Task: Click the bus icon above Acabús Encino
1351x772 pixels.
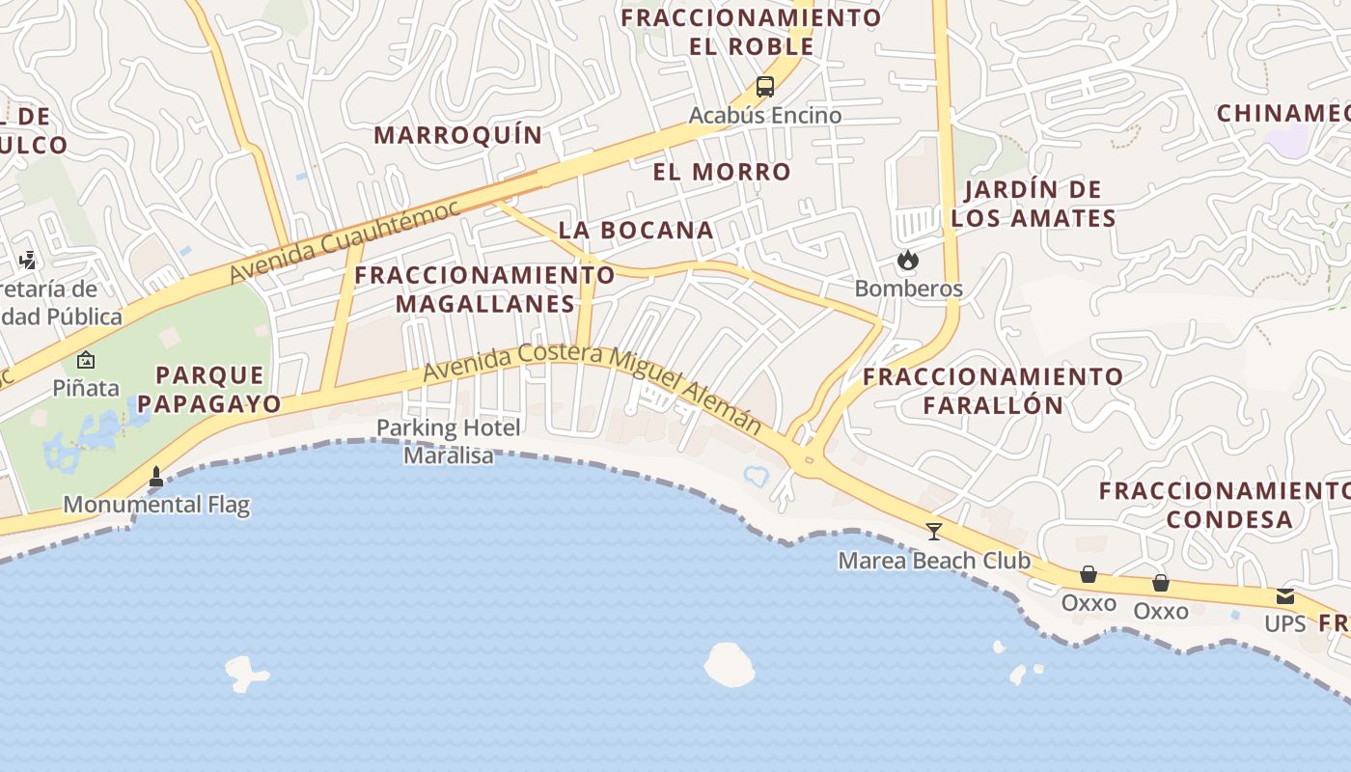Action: [x=765, y=87]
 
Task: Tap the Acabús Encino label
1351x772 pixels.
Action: [x=765, y=116]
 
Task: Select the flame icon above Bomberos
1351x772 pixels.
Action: [x=907, y=261]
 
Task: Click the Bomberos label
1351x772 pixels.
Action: [x=908, y=289]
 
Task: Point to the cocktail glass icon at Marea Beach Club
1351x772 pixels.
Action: [x=933, y=531]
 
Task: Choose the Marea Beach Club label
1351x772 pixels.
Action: [x=933, y=561]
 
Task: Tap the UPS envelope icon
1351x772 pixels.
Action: [x=1284, y=596]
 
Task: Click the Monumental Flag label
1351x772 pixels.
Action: [x=156, y=504]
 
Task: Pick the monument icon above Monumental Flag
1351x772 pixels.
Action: [x=156, y=476]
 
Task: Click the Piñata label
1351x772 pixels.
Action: [x=86, y=388]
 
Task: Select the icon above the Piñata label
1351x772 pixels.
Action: [x=86, y=361]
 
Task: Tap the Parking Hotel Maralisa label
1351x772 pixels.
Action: [x=448, y=441]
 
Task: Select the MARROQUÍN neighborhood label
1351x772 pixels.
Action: [x=458, y=135]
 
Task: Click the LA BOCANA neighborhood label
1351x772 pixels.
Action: [x=636, y=230]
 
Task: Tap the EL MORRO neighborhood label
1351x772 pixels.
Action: [x=722, y=172]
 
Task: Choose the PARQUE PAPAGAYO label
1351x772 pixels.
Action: [x=218, y=389]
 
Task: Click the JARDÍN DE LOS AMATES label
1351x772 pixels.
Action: [x=1033, y=204]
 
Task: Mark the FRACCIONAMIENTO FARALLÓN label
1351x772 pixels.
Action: [x=993, y=390]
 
